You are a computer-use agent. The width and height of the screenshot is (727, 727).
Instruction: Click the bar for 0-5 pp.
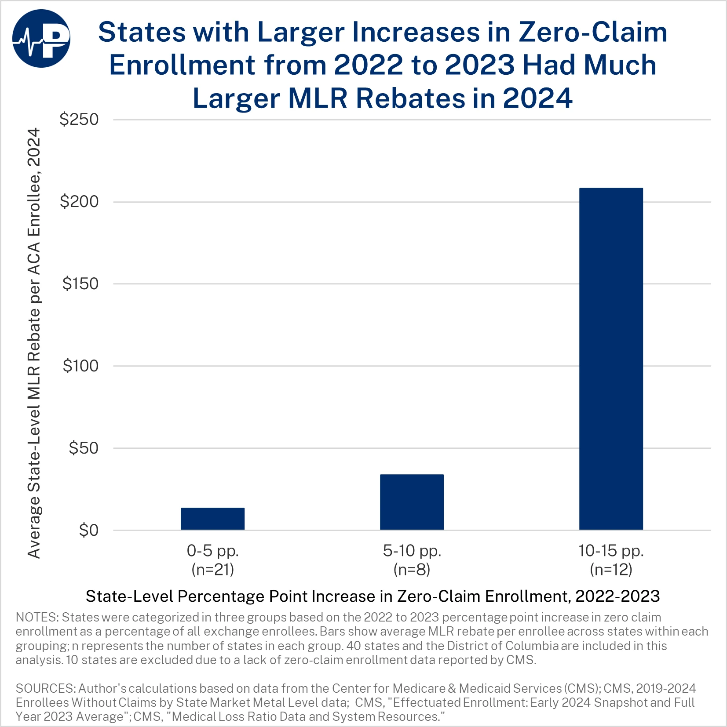click(x=212, y=519)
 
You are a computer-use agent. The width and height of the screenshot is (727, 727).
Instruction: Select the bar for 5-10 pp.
click(x=412, y=502)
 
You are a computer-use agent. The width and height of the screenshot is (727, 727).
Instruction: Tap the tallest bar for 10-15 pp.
click(x=611, y=359)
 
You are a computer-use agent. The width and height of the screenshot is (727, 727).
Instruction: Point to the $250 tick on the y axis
click(x=79, y=119)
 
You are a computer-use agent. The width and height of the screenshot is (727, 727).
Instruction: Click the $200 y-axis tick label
click(x=79, y=202)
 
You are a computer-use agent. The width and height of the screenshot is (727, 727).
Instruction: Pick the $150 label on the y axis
click(x=80, y=284)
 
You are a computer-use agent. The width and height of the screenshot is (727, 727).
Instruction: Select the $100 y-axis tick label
click(x=80, y=366)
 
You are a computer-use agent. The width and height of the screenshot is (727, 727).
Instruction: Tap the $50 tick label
click(x=84, y=448)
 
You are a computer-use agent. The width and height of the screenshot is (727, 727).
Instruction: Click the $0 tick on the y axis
click(x=88, y=531)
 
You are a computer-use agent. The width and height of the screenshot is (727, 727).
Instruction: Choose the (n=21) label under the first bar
click(x=212, y=570)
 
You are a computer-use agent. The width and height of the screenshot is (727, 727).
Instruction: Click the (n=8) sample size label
click(x=412, y=570)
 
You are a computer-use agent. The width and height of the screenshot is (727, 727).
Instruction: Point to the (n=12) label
click(x=611, y=570)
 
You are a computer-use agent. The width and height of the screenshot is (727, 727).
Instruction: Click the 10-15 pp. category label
click(x=611, y=550)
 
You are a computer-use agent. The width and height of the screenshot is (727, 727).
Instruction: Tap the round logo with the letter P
click(x=41, y=39)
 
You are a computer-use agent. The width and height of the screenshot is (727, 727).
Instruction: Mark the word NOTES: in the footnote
click(x=37, y=618)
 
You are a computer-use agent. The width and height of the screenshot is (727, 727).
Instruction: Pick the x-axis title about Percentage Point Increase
click(x=373, y=596)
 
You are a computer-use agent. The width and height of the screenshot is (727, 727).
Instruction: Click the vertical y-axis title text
click(x=34, y=343)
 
